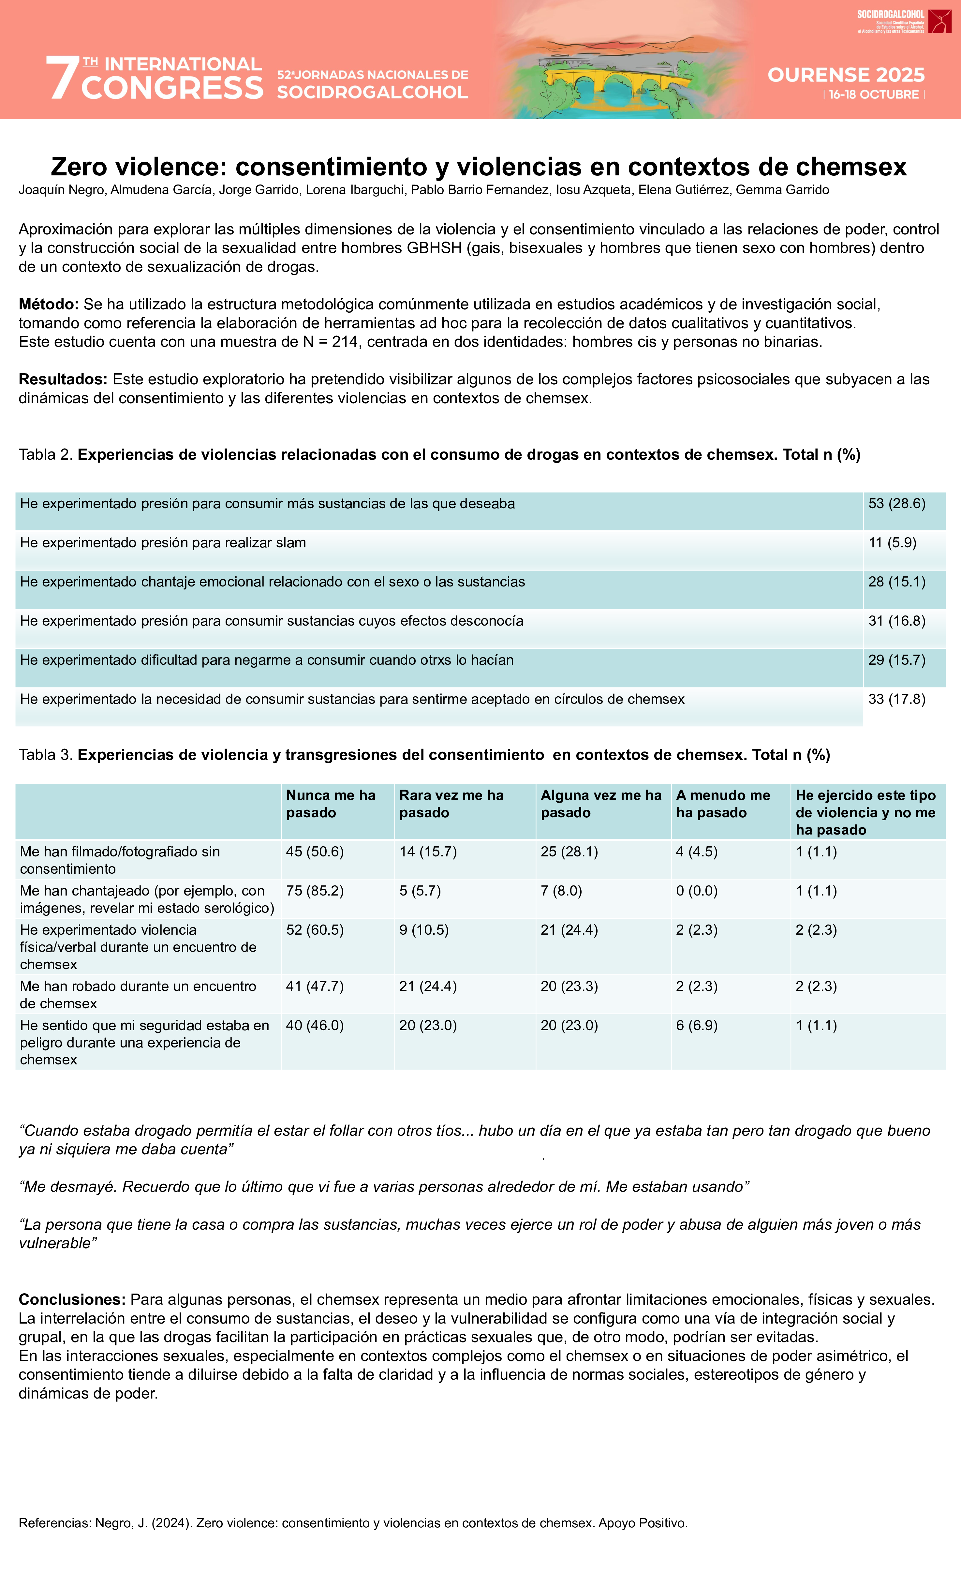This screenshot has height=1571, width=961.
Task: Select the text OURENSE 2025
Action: pos(846,75)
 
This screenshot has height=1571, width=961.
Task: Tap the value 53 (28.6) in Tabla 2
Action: pos(896,504)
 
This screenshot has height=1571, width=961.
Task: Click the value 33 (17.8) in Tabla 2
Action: pos(896,699)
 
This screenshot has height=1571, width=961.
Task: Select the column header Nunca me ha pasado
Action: pos(330,803)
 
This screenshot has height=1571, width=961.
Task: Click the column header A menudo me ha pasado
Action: pos(722,803)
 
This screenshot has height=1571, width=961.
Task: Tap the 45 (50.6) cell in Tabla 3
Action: pos(314,852)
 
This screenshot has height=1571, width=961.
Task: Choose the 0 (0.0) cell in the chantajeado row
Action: pos(696,891)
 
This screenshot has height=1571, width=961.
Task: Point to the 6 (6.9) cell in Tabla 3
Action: pos(696,1025)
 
